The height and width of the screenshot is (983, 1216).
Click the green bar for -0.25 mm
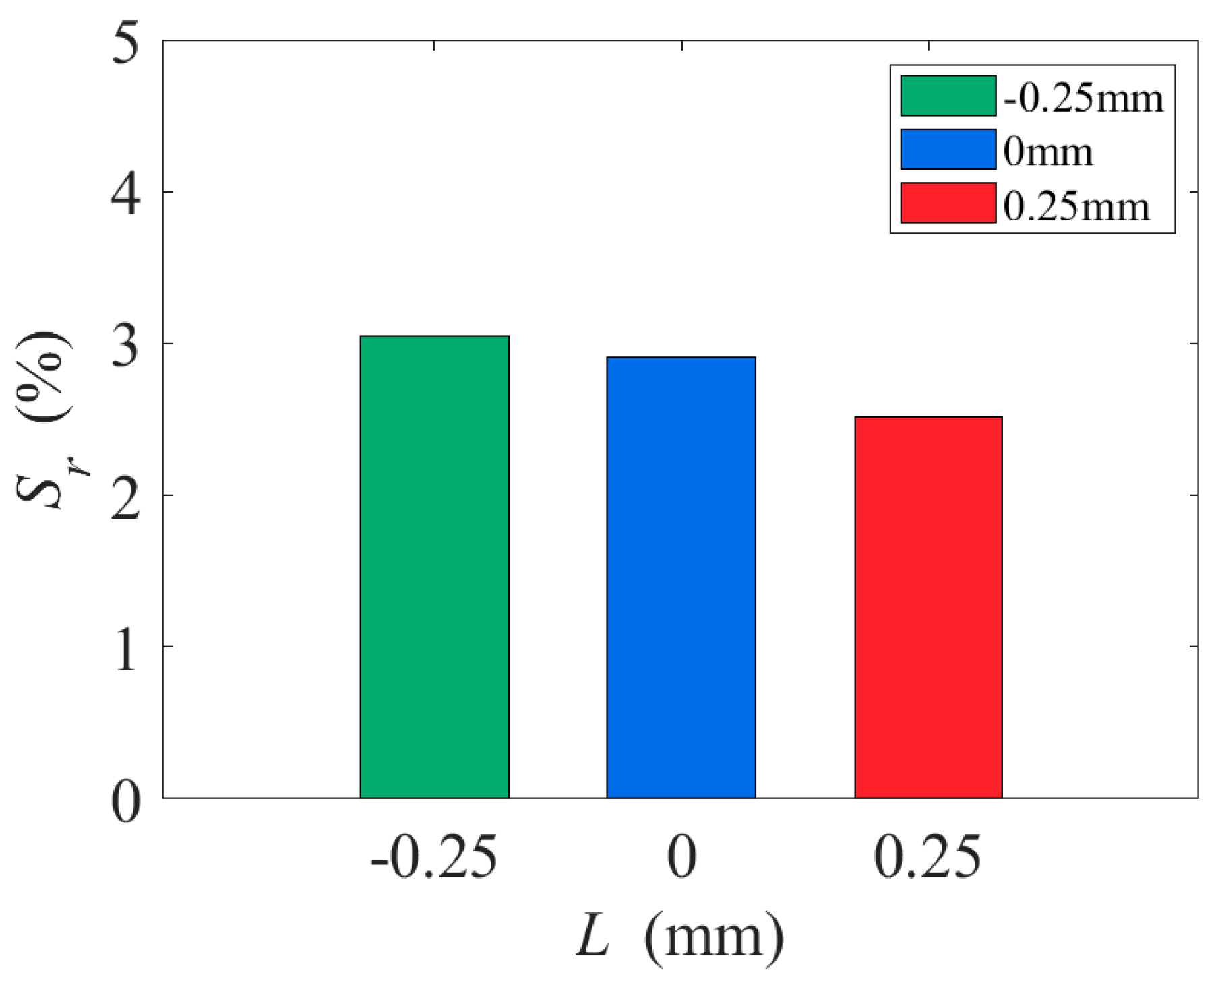[434, 566]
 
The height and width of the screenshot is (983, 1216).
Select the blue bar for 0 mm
[681, 577]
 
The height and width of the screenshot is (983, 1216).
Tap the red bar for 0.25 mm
[928, 606]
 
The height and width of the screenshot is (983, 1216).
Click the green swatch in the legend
[948, 96]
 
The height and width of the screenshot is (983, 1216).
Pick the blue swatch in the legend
[948, 149]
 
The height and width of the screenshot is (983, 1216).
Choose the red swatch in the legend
[948, 202]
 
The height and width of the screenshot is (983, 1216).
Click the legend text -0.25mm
[1083, 98]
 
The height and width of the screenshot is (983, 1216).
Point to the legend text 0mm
[1047, 152]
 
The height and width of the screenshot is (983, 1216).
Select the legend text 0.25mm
[1076, 205]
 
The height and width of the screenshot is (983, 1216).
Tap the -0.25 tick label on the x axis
[434, 857]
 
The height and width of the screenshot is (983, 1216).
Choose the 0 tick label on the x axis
[681, 857]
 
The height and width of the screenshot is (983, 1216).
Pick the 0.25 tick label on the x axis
[928, 857]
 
